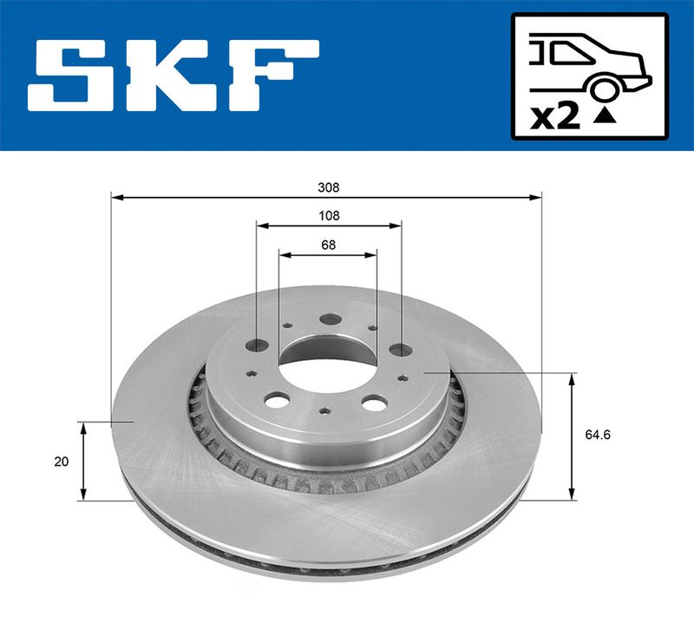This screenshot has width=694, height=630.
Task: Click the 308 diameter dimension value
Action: (329, 187)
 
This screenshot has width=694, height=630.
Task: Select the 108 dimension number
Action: (330, 215)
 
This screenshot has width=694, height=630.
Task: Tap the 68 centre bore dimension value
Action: (329, 245)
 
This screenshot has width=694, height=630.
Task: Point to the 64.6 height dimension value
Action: (598, 435)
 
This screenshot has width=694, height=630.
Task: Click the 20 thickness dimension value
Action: (61, 462)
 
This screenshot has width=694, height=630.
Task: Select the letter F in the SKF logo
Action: (273, 75)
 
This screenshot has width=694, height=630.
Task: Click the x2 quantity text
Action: (555, 117)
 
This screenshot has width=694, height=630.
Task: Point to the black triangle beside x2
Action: (605, 116)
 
